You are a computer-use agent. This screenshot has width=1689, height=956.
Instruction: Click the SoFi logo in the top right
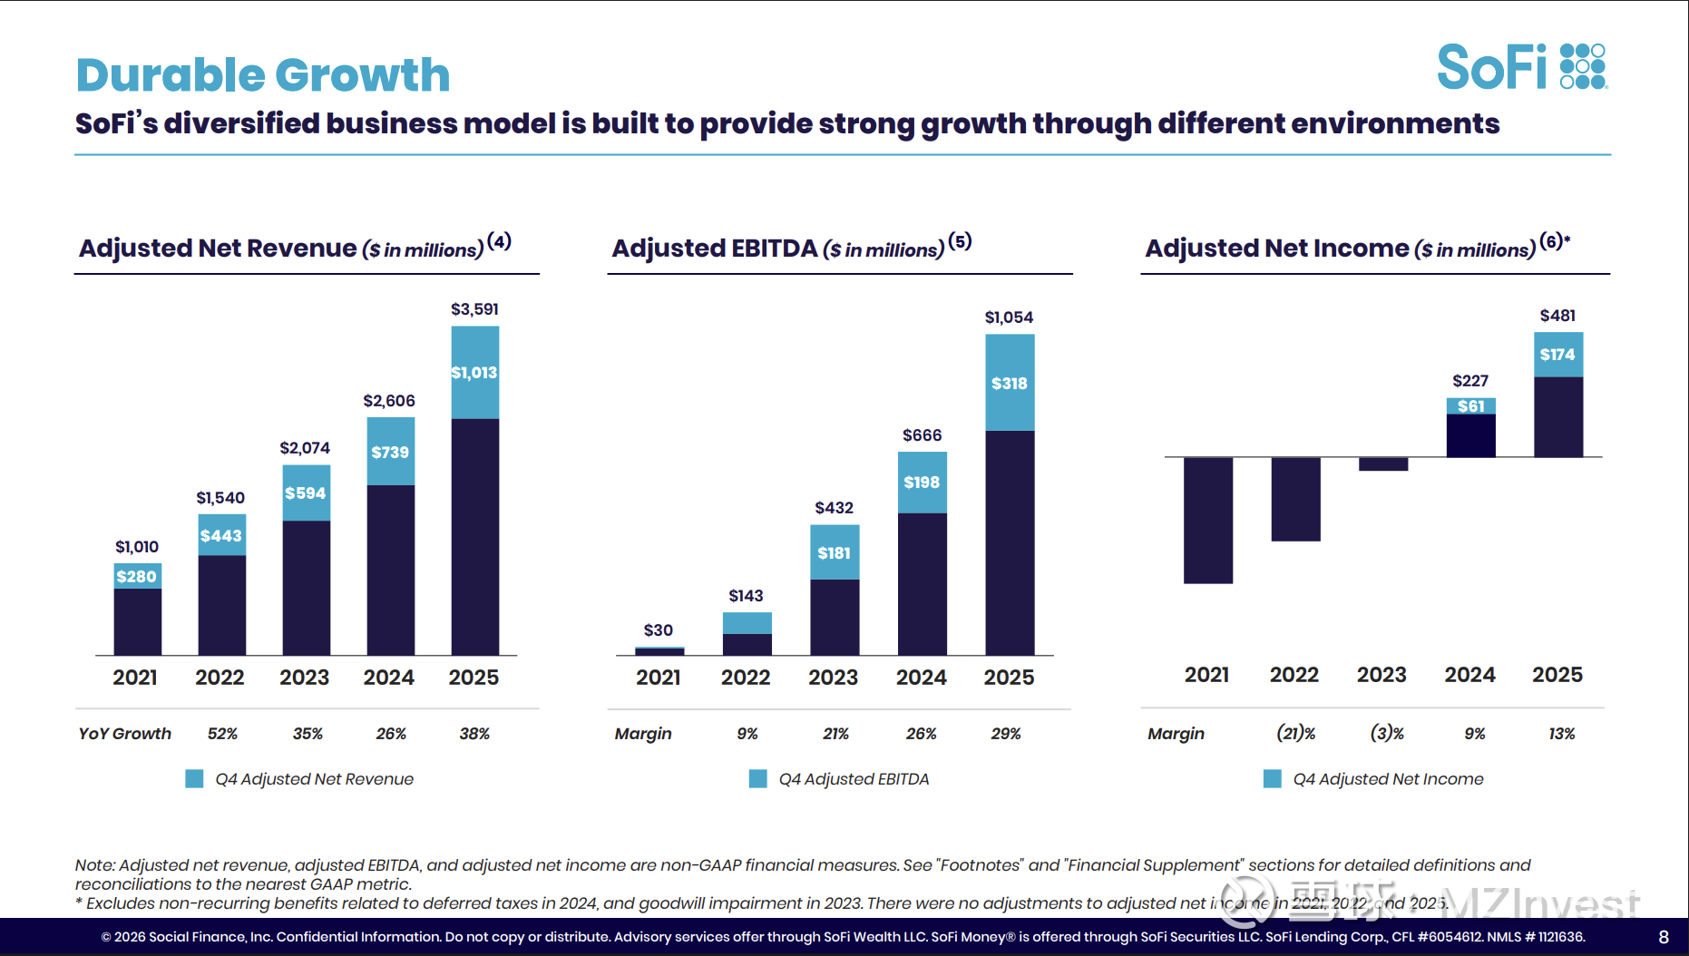click(1521, 67)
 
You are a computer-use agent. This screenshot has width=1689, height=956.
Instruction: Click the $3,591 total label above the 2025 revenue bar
click(474, 309)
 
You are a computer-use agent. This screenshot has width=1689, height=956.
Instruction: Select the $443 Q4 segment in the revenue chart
click(221, 535)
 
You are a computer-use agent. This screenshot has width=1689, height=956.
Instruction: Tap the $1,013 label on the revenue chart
click(474, 373)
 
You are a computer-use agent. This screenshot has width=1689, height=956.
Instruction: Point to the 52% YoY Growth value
click(222, 734)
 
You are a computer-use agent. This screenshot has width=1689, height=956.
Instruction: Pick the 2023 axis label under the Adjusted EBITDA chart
click(833, 678)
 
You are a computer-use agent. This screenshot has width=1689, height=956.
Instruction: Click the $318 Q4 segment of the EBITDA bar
click(1010, 383)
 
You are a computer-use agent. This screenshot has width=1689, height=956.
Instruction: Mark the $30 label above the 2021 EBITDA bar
click(659, 630)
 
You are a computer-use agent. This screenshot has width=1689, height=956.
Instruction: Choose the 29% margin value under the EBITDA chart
click(1006, 734)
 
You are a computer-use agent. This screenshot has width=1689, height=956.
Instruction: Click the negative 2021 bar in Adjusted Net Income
click(1207, 520)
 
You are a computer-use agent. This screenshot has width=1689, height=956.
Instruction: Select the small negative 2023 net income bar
click(1382, 464)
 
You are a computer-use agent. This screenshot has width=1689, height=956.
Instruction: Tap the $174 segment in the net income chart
click(1557, 355)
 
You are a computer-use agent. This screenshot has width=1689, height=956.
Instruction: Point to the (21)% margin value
click(1296, 734)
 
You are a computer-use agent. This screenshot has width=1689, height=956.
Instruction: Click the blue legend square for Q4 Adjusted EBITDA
click(757, 779)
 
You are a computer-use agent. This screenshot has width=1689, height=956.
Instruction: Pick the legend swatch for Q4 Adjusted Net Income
click(1272, 779)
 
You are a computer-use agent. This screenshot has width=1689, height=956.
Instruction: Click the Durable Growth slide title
click(263, 74)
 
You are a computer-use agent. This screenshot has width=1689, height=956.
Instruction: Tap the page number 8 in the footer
click(1664, 937)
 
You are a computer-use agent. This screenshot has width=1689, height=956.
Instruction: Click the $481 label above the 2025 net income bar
click(1557, 316)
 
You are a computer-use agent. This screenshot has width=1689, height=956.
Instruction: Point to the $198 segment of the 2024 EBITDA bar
click(922, 483)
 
